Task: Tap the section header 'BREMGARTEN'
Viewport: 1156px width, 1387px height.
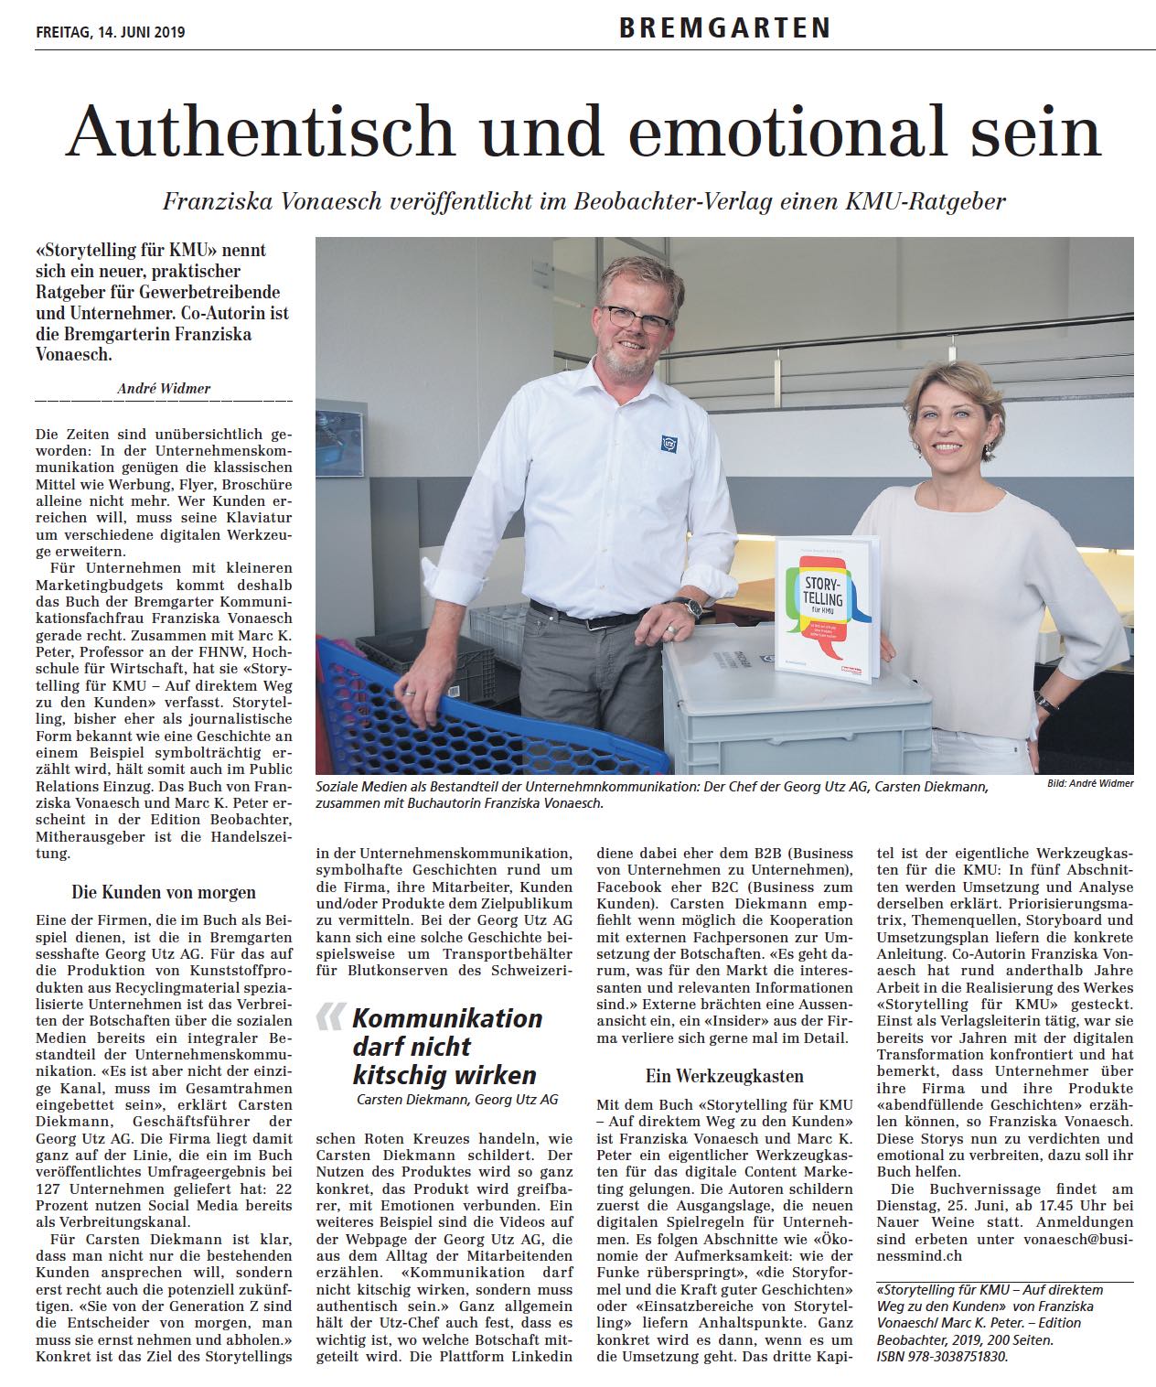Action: tap(724, 29)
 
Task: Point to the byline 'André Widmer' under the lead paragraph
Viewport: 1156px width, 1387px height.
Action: tap(164, 389)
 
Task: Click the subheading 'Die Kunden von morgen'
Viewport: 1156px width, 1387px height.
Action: tap(164, 891)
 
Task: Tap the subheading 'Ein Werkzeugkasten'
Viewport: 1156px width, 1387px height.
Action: tap(724, 1076)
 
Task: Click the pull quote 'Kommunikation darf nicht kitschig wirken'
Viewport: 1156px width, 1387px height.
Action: tap(446, 1046)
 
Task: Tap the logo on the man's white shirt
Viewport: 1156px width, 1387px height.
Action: tap(668, 443)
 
